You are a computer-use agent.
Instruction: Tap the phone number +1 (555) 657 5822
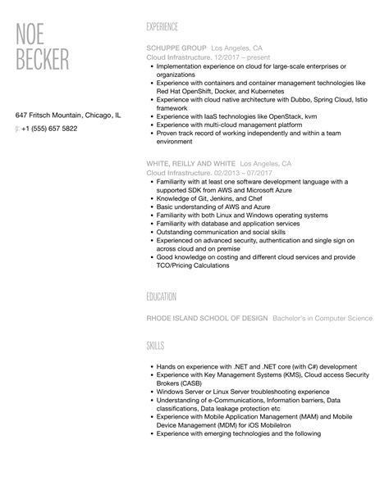coord(50,129)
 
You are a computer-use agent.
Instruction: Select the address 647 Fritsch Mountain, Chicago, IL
coord(67,116)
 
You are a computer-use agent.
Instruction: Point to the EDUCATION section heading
coord(163,296)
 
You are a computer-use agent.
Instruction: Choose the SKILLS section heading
coord(156,347)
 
